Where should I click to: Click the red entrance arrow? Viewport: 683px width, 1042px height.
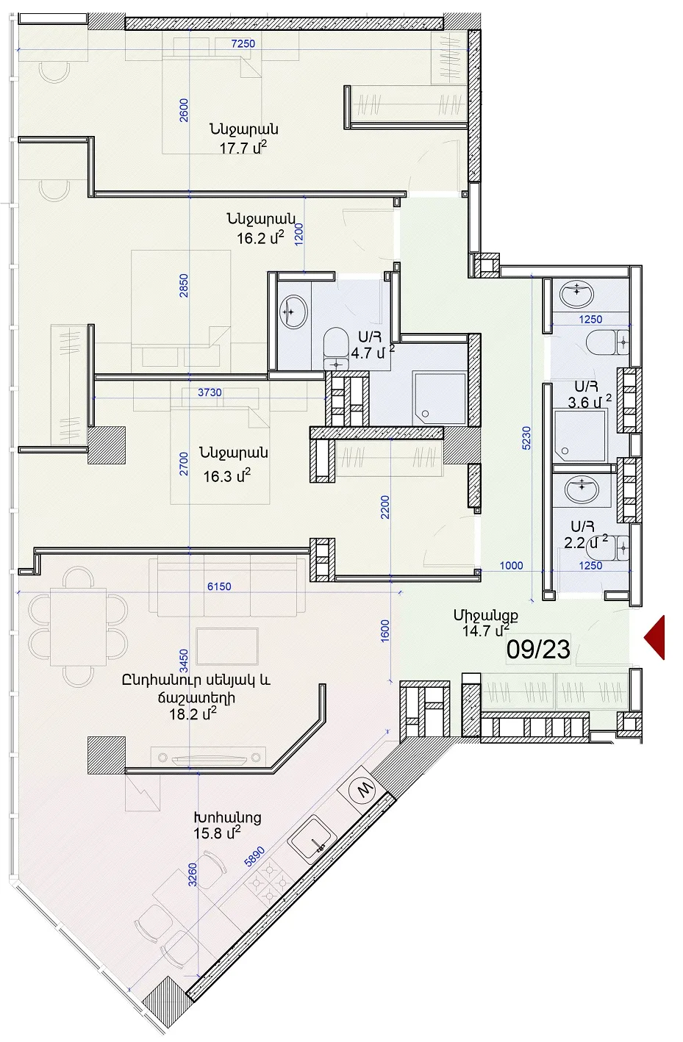(x=656, y=637)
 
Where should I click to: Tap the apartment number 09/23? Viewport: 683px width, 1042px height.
(x=538, y=650)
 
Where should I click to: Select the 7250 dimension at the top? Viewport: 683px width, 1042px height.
(x=243, y=43)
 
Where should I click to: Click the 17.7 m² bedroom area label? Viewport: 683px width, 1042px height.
(x=243, y=148)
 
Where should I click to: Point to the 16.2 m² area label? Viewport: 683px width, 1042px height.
(x=260, y=237)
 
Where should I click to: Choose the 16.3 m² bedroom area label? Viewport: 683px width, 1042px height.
(x=226, y=475)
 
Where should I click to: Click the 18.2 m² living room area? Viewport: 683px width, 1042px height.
(x=193, y=713)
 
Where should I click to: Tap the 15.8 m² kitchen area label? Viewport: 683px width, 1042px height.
(x=217, y=833)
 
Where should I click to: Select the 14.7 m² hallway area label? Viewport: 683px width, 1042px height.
(x=486, y=630)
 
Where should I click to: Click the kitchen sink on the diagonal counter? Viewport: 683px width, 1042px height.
(x=311, y=839)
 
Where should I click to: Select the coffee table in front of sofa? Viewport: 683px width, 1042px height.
(x=227, y=646)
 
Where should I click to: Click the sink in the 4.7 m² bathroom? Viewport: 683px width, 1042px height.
(x=293, y=312)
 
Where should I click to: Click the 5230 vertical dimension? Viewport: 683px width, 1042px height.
(x=526, y=438)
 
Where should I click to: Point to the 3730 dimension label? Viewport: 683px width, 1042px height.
(x=210, y=392)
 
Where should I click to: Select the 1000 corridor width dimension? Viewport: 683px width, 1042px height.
(x=511, y=565)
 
